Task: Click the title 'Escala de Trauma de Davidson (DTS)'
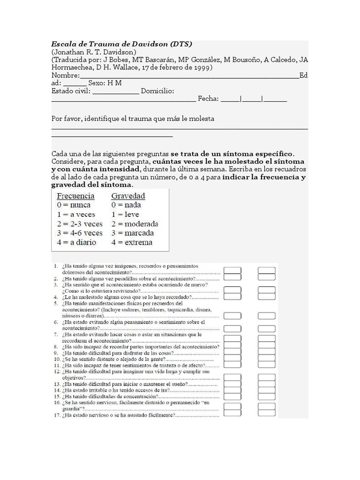(122, 44)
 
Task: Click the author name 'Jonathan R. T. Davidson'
(94, 52)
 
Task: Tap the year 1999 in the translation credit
(202, 67)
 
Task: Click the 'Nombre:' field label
(66, 75)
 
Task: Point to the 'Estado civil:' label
(71, 91)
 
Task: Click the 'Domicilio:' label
(157, 91)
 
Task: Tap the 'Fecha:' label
(208, 99)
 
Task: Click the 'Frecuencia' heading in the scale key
(75, 196)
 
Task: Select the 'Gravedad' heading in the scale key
(128, 196)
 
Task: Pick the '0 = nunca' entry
(74, 205)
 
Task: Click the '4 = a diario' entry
(76, 242)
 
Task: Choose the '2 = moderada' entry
(135, 224)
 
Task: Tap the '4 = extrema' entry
(132, 242)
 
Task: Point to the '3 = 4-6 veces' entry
(80, 233)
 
